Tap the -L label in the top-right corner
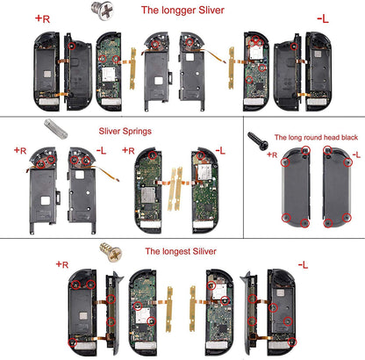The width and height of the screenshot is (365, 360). click(x=323, y=17)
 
